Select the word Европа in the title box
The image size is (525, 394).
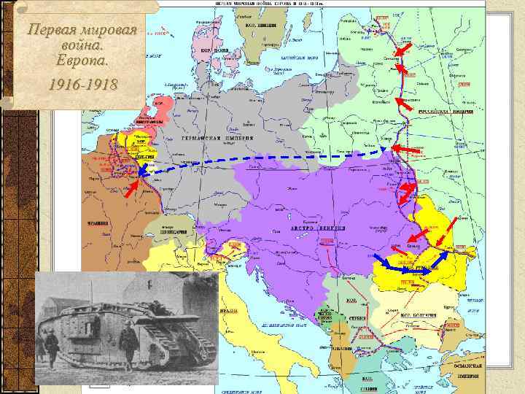tap(81, 64)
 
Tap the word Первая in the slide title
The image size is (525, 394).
tap(52, 31)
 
